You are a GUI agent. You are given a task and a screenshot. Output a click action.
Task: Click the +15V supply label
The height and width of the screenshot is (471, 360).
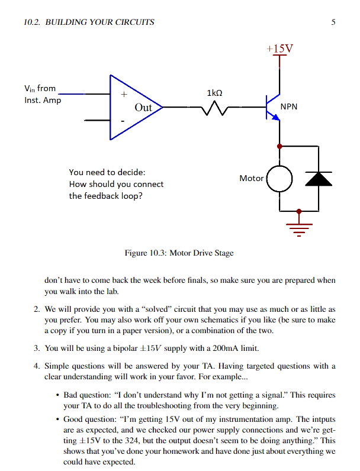click(279, 47)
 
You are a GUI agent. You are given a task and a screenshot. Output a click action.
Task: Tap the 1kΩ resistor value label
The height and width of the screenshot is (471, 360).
click(216, 93)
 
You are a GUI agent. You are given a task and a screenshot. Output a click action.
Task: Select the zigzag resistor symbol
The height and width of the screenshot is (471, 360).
click(213, 108)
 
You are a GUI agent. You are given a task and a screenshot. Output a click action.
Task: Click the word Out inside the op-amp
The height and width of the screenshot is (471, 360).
click(143, 108)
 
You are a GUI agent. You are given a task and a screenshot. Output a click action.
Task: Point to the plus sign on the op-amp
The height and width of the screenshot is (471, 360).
click(124, 94)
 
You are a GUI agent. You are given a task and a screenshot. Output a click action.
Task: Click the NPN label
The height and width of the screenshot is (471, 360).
click(289, 107)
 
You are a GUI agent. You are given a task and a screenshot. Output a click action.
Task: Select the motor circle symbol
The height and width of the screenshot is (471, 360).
click(280, 178)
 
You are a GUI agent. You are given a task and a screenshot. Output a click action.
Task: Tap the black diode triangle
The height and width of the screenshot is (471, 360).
click(318, 179)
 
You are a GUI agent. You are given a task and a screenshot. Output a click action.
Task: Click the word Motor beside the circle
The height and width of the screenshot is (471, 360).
click(251, 178)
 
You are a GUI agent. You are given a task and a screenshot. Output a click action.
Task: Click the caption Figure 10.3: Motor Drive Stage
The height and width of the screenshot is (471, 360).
click(179, 253)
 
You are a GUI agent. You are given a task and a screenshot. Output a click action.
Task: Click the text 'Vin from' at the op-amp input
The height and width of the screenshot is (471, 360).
click(40, 89)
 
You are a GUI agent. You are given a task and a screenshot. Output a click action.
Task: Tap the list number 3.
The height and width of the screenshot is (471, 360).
click(37, 348)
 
